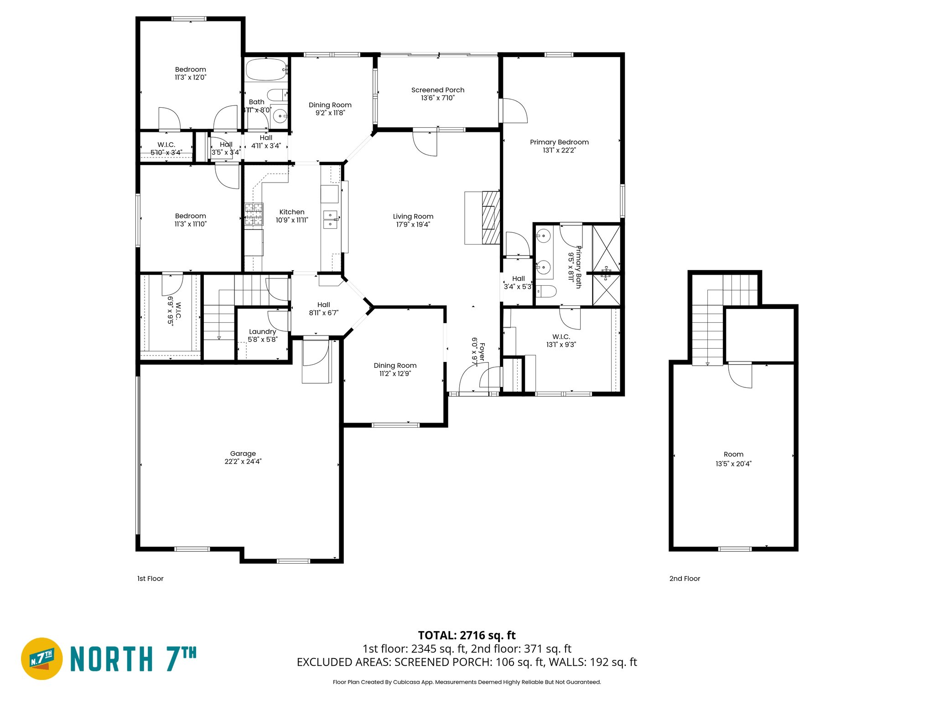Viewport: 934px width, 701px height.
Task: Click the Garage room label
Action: (243, 453)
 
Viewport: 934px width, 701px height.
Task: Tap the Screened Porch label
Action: (437, 90)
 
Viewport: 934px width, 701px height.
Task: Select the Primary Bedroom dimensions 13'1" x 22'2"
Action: (559, 150)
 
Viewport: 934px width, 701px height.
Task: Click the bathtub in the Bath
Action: (267, 70)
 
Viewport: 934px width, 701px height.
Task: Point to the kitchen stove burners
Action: (254, 214)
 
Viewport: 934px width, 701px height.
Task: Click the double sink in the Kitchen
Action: (330, 219)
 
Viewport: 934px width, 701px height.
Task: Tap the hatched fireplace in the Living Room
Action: (491, 218)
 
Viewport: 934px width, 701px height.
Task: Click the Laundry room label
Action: (262, 331)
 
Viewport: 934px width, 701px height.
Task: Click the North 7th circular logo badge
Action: (42, 659)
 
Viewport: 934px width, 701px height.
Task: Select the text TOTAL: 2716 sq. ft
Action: (467, 635)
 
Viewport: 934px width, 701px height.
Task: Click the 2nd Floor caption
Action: (684, 578)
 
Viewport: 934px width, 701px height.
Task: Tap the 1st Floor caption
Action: (150, 578)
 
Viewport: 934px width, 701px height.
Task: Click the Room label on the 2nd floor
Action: (733, 454)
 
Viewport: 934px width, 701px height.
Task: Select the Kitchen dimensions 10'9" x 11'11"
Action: (292, 220)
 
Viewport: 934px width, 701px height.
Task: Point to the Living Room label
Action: (413, 216)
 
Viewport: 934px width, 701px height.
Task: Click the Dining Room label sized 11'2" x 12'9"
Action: (395, 365)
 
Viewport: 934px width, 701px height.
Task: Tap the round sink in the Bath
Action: (280, 116)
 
